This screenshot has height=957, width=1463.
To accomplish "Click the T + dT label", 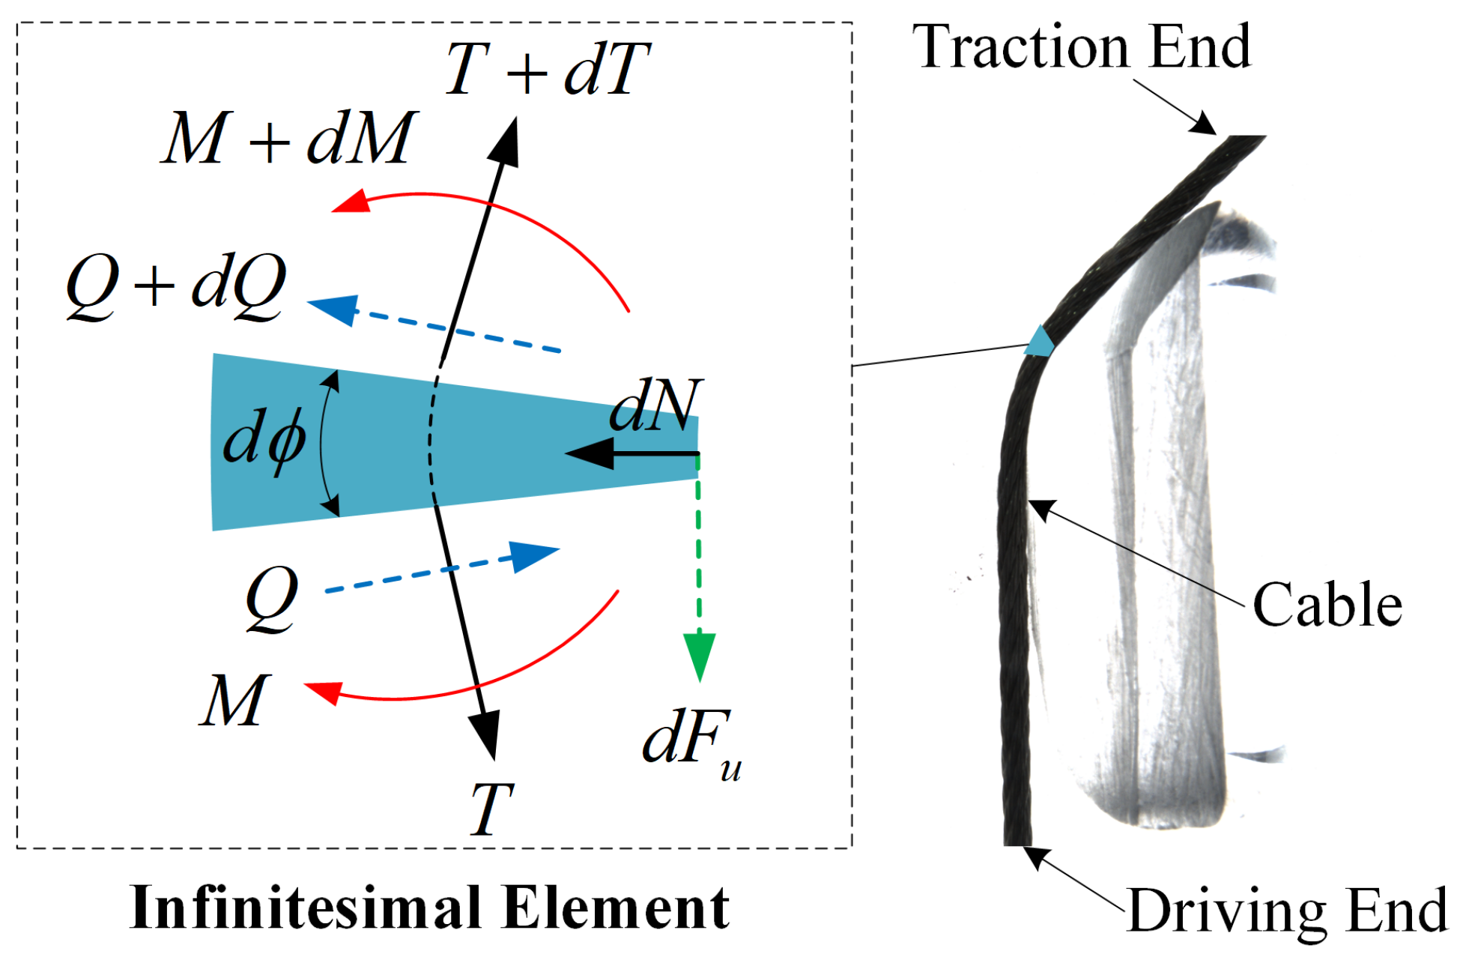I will tap(547, 69).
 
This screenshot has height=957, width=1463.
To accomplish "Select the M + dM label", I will tap(288, 138).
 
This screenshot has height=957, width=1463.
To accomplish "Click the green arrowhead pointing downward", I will tap(699, 655).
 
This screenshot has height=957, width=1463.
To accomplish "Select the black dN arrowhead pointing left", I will tap(590, 453).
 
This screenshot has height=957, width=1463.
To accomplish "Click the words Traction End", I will tap(1081, 46).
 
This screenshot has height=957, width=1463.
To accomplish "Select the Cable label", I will tap(1327, 605).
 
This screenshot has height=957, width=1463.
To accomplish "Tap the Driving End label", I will tap(1287, 911).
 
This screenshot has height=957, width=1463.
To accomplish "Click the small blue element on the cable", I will tap(1040, 342).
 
